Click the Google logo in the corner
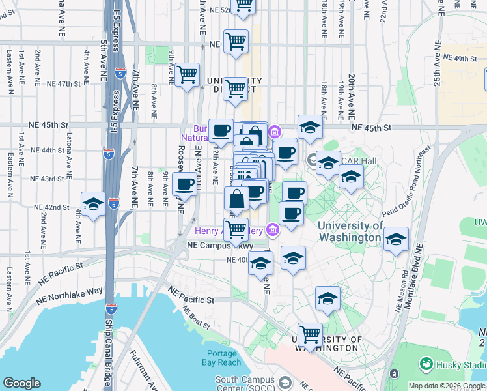[21, 383]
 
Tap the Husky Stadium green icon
[427, 362]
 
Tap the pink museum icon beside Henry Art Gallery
[271, 229]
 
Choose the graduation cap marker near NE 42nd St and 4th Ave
[93, 205]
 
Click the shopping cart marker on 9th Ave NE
[187, 76]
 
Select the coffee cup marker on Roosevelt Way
[185, 184]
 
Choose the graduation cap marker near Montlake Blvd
[396, 239]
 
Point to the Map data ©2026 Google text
[445, 386]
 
